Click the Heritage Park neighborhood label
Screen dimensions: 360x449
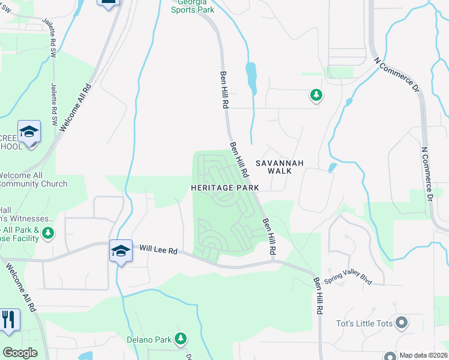pyautogui.click(x=224, y=188)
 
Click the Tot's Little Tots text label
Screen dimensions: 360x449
pyautogui.click(x=369, y=324)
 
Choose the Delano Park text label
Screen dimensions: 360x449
pyautogui.click(x=149, y=339)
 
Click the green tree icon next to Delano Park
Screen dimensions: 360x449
pyautogui.click(x=180, y=339)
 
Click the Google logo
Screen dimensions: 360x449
pyautogui.click(x=20, y=353)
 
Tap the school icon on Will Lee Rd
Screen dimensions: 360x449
pyautogui.click(x=120, y=251)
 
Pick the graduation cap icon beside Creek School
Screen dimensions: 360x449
pyautogui.click(x=29, y=131)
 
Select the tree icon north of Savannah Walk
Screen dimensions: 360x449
pyautogui.click(x=316, y=95)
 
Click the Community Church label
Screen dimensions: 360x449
pyautogui.click(x=34, y=184)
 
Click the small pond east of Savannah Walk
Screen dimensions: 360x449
pyautogui.click(x=332, y=167)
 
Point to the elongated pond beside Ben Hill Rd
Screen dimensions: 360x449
pyautogui.click(x=251, y=78)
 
